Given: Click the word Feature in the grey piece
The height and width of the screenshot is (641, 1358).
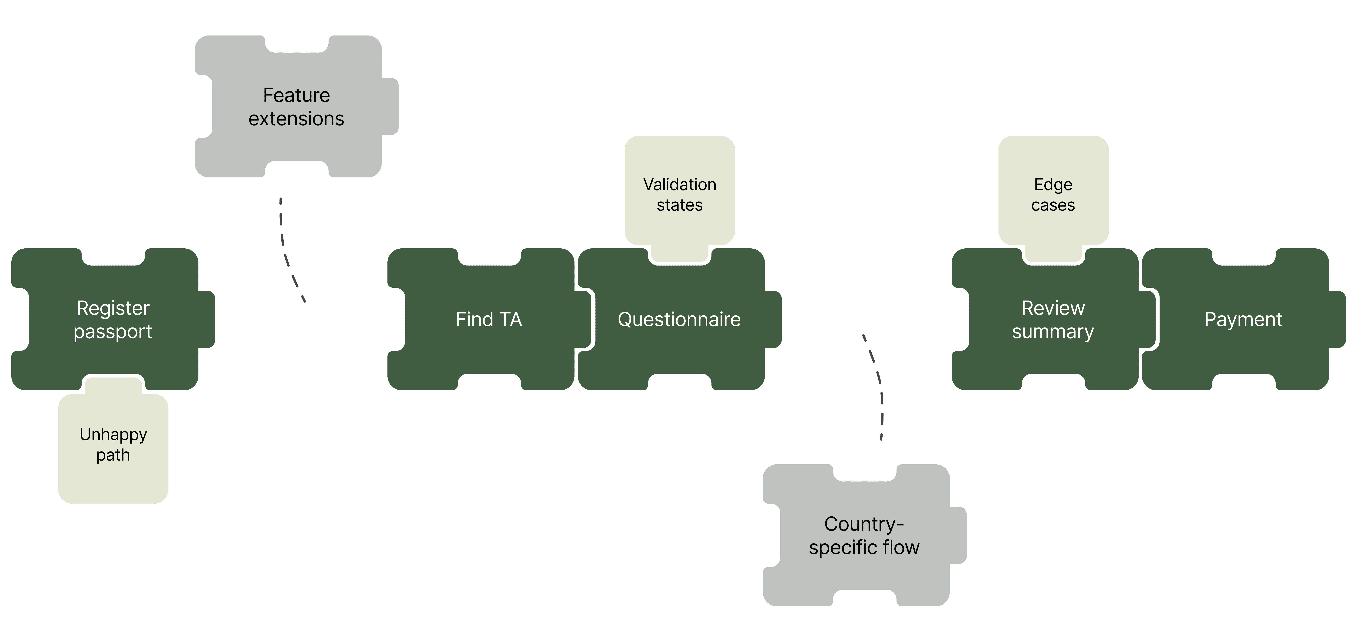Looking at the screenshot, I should point(296,95).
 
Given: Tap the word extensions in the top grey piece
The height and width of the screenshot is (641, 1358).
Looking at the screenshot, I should point(296,119).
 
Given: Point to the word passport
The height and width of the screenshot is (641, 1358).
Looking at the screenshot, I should point(113,332).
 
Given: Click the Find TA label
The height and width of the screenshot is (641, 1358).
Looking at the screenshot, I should point(489,319).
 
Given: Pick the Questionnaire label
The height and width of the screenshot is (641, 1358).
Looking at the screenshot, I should point(679,319).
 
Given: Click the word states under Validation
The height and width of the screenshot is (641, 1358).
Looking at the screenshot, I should point(680,205).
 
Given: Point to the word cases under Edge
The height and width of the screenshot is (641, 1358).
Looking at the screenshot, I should point(1053,205).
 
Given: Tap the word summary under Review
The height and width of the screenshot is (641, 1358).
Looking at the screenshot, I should point(1053,332).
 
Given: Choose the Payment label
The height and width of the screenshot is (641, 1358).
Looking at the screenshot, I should point(1243,319).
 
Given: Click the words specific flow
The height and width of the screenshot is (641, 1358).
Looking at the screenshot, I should point(864,548).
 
